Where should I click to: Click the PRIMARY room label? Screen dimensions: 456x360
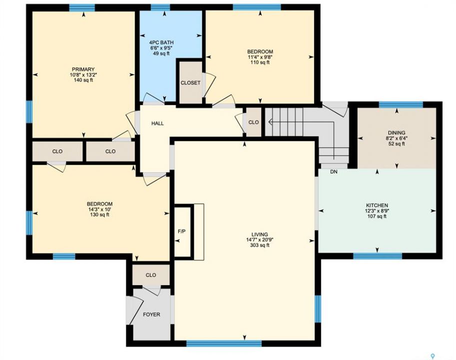pyautogui.click(x=83, y=69)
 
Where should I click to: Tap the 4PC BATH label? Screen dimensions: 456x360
pyautogui.click(x=161, y=42)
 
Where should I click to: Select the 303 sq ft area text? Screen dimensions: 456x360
pyautogui.click(x=260, y=245)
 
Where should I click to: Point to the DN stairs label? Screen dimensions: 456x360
pyautogui.click(x=334, y=171)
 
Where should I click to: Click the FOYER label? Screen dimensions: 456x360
pyautogui.click(x=151, y=314)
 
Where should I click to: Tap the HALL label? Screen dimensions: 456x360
pyautogui.click(x=157, y=123)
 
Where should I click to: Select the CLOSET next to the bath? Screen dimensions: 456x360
pyautogui.click(x=190, y=82)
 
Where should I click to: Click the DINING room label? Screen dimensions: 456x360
pyautogui.click(x=397, y=132)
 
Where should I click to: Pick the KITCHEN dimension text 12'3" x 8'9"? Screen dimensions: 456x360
pyautogui.click(x=377, y=210)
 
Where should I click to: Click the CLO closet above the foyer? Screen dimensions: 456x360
pyautogui.click(x=151, y=275)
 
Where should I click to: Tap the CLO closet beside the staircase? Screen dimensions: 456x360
pyautogui.click(x=254, y=122)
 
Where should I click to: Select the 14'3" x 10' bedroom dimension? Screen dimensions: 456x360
pyautogui.click(x=100, y=209)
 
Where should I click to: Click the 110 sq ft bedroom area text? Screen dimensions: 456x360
pyautogui.click(x=260, y=62)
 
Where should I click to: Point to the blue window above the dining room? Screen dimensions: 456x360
pyautogui.click(x=401, y=105)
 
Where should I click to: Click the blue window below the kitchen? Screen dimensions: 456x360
pyautogui.click(x=378, y=256)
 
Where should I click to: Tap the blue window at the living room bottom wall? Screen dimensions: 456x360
pyautogui.click(x=224, y=343)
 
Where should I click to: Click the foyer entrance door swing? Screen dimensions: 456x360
pyautogui.click(x=134, y=310)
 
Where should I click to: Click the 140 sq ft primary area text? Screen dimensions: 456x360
pyautogui.click(x=83, y=80)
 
